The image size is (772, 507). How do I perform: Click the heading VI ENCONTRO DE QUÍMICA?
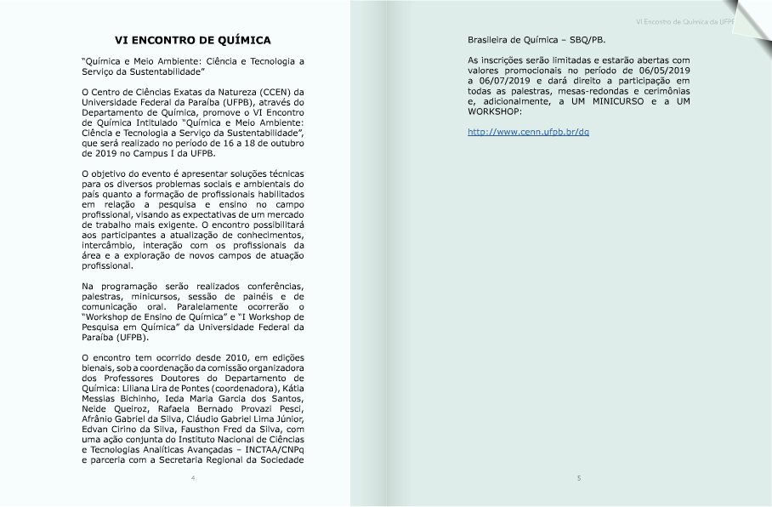pos(193,40)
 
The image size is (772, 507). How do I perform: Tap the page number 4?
pos(193,478)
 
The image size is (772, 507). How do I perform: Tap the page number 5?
pos(579,478)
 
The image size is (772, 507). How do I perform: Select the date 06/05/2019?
pos(664,71)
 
